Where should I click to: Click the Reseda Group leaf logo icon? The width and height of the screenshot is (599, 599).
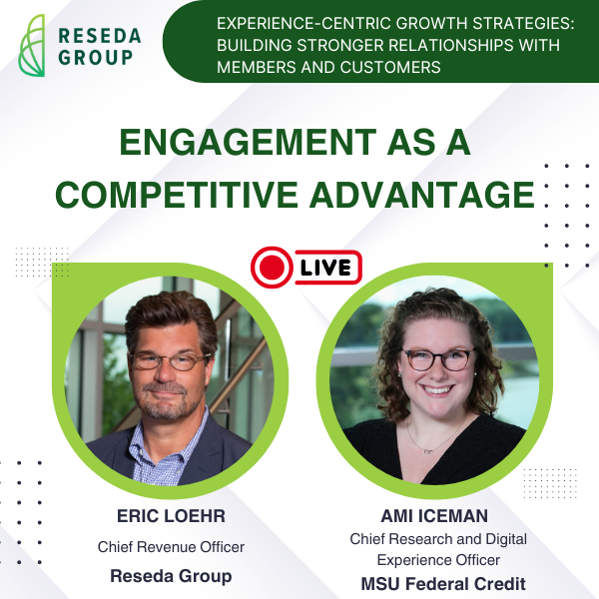32,45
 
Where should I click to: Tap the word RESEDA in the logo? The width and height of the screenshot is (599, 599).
100,36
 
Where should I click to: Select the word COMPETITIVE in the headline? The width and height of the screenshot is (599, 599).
177,195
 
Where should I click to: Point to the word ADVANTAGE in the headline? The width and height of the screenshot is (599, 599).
422,195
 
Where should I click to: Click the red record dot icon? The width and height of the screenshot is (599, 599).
272,267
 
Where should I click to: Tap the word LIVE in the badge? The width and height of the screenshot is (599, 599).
325,268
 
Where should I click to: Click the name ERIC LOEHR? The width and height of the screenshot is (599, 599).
171,516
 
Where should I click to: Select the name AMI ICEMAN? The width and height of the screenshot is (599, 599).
434,516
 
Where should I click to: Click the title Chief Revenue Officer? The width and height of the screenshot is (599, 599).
171,547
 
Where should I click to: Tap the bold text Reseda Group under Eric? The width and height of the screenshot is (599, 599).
171,576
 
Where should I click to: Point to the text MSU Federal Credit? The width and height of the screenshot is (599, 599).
443,584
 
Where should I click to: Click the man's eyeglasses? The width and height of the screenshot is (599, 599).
170,359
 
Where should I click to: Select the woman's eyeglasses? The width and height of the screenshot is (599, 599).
438,359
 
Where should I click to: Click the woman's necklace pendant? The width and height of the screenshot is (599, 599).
428,451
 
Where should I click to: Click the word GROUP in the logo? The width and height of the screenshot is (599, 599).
96,57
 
